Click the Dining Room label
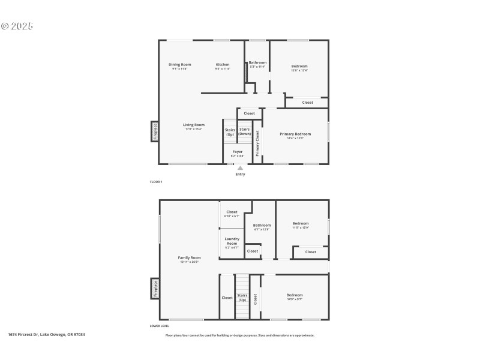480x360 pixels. coord(179,64)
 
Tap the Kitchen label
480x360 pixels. coord(223,64)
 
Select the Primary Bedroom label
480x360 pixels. coord(295,134)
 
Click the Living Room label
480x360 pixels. coord(194,125)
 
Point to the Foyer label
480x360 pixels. coord(238,152)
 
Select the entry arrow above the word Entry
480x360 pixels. coord(240,168)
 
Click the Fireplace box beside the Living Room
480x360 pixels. coord(155,131)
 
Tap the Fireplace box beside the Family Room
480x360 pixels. coord(155,288)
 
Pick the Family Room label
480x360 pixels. coord(189,257)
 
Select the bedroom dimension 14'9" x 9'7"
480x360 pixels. coord(295,299)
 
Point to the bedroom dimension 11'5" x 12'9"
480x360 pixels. coord(300,227)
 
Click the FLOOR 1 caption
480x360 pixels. coord(156,181)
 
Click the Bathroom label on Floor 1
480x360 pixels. coord(258,62)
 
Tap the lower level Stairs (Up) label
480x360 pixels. coord(242,297)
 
